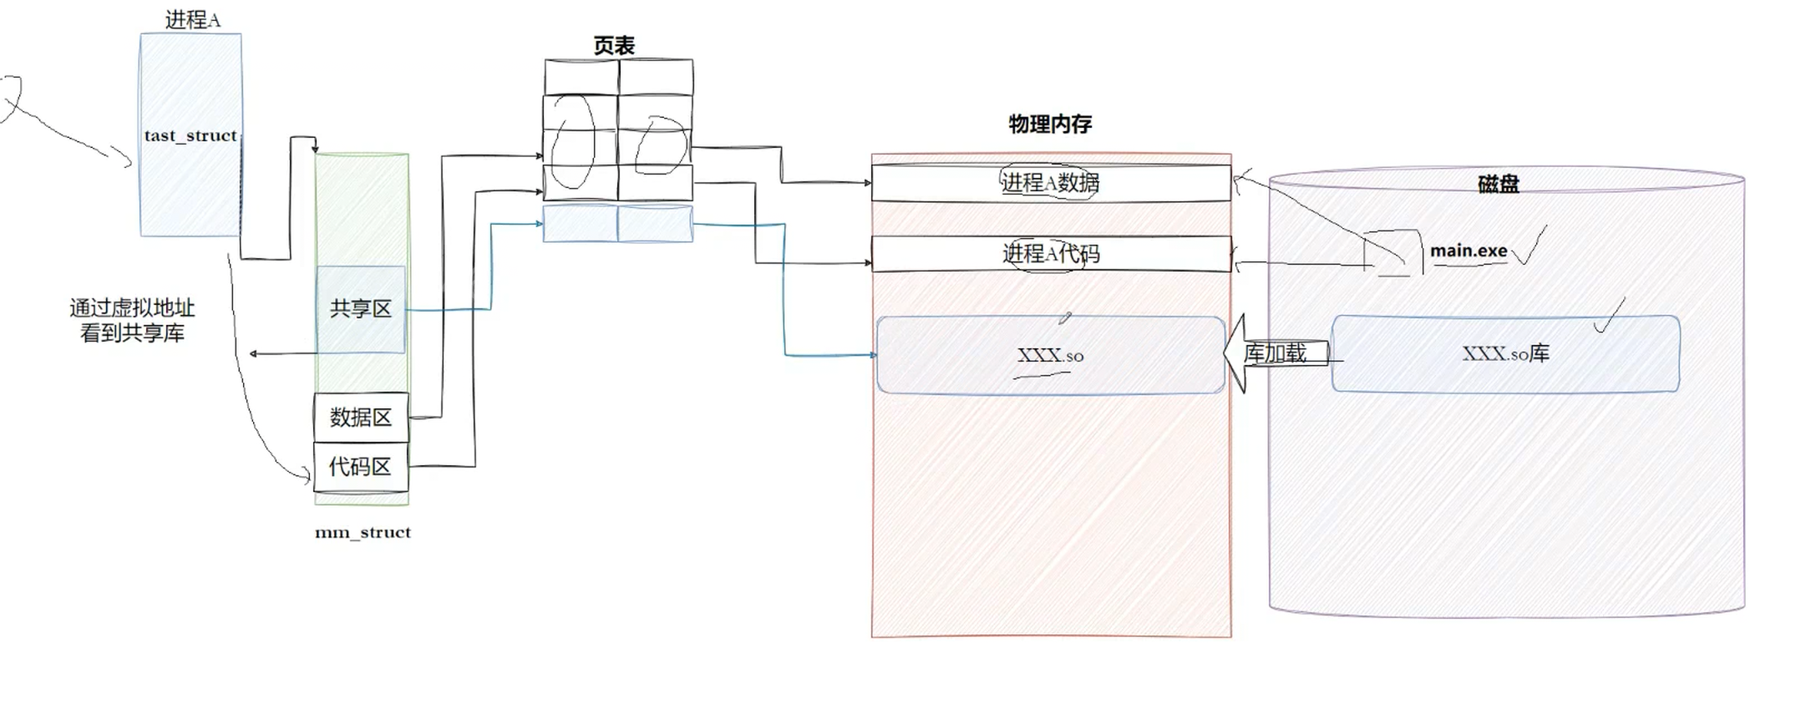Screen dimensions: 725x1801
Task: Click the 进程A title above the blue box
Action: tap(193, 20)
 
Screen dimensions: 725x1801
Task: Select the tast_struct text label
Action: tap(190, 135)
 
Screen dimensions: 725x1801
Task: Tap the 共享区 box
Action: tap(361, 309)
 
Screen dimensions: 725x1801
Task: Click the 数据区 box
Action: tap(361, 417)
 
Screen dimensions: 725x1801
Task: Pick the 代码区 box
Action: tap(361, 466)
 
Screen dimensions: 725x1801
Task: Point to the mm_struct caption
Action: tap(363, 532)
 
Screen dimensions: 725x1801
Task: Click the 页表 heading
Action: tap(614, 46)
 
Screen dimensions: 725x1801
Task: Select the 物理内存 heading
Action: tap(1050, 124)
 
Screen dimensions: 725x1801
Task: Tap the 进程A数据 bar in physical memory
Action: tap(1050, 183)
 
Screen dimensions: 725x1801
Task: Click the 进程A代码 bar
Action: tap(1050, 253)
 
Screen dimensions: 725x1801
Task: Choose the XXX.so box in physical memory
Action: tap(1050, 355)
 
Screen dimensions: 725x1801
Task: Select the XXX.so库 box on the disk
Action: tap(1505, 353)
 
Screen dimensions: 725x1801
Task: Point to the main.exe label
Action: tap(1469, 251)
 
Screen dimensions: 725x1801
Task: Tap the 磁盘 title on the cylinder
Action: tap(1498, 185)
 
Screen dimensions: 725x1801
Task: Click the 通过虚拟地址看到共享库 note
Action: tap(132, 321)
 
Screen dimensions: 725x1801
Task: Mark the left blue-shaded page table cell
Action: tap(581, 224)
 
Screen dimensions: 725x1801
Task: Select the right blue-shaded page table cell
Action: tap(655, 224)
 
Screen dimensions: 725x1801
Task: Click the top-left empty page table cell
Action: tap(581, 77)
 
